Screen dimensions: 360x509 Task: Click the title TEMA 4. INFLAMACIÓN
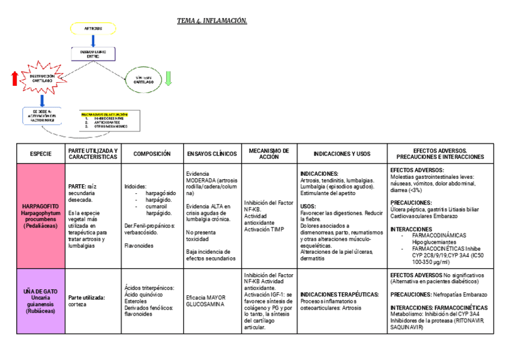tap(212, 21)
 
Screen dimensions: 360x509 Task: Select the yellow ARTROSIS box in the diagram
tap(93, 28)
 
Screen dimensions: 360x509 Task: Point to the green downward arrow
tap(168, 79)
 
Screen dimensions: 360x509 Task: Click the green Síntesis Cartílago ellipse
tap(143, 79)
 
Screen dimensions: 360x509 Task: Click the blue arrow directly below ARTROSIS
tap(93, 41)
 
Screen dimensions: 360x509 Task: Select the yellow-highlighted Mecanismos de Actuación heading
tap(104, 114)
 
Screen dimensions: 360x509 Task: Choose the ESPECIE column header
tap(41, 154)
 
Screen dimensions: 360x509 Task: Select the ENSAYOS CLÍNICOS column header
tap(212, 154)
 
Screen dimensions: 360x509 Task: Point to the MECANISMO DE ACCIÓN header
tap(268, 154)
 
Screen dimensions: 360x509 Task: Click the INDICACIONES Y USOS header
tap(342, 154)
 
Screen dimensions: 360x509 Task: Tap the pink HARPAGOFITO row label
tap(41, 216)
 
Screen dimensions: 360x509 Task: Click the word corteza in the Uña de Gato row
tap(78, 304)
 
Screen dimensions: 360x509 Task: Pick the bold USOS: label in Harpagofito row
tap(309, 206)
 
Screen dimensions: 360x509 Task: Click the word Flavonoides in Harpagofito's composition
tap(139, 245)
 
